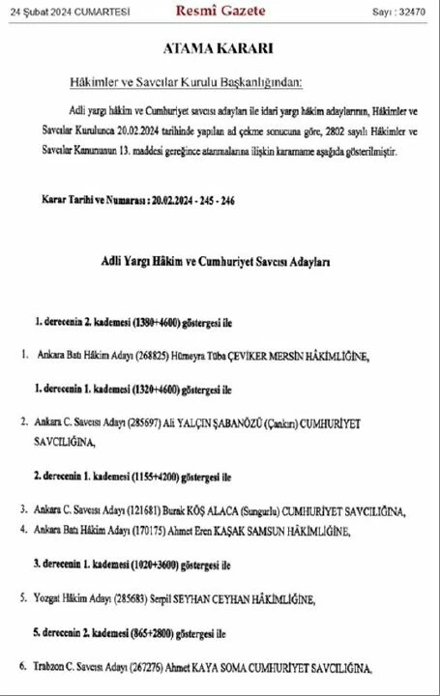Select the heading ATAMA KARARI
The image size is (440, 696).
(219, 48)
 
